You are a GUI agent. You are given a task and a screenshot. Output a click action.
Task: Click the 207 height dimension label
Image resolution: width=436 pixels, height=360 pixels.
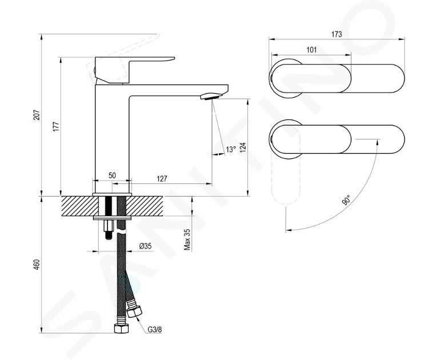37,115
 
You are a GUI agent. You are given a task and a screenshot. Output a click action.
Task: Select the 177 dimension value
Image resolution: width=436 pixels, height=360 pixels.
56,126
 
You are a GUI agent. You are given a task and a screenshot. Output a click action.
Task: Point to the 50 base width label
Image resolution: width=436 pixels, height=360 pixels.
112,175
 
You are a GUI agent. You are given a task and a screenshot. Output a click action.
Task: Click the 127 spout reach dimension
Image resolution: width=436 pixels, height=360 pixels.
162,178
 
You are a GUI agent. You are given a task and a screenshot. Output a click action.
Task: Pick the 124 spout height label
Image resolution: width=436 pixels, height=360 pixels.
243,147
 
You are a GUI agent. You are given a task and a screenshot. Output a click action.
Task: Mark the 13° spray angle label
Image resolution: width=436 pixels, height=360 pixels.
230,149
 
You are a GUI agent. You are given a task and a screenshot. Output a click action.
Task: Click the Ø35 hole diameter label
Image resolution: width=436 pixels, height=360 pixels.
145,246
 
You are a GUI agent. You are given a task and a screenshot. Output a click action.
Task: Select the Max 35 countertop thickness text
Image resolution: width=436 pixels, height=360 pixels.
187,239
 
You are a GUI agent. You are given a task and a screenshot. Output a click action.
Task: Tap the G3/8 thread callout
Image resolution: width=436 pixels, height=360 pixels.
154,330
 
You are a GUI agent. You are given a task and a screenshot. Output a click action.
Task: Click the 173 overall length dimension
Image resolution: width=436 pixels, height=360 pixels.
337,34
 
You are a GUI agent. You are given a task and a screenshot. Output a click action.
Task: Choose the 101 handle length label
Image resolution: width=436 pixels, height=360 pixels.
311,50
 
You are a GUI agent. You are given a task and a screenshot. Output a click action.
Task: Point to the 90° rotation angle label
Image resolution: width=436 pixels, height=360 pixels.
346,200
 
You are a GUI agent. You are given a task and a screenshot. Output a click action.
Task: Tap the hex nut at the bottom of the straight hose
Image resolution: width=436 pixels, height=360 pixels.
122,329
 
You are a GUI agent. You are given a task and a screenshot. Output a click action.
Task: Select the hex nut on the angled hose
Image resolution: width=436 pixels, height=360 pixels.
134,311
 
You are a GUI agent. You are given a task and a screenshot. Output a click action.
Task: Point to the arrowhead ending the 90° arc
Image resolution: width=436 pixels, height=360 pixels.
288,230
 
